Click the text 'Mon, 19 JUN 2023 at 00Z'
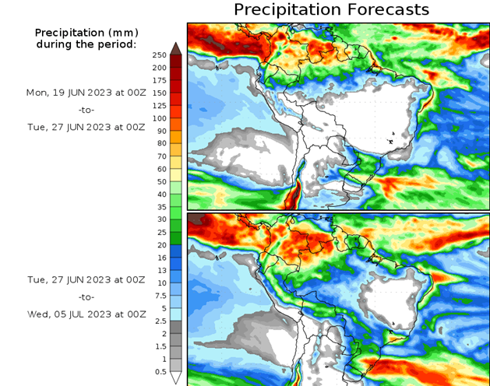tap(86, 92)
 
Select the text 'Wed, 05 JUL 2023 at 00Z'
tap(86, 314)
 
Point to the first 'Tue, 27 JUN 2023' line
tap(86, 127)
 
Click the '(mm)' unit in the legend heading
tap(121, 33)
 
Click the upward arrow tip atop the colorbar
tap(176, 47)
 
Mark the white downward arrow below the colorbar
tap(176, 377)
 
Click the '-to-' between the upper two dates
tap(86, 110)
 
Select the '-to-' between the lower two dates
tap(86, 297)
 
